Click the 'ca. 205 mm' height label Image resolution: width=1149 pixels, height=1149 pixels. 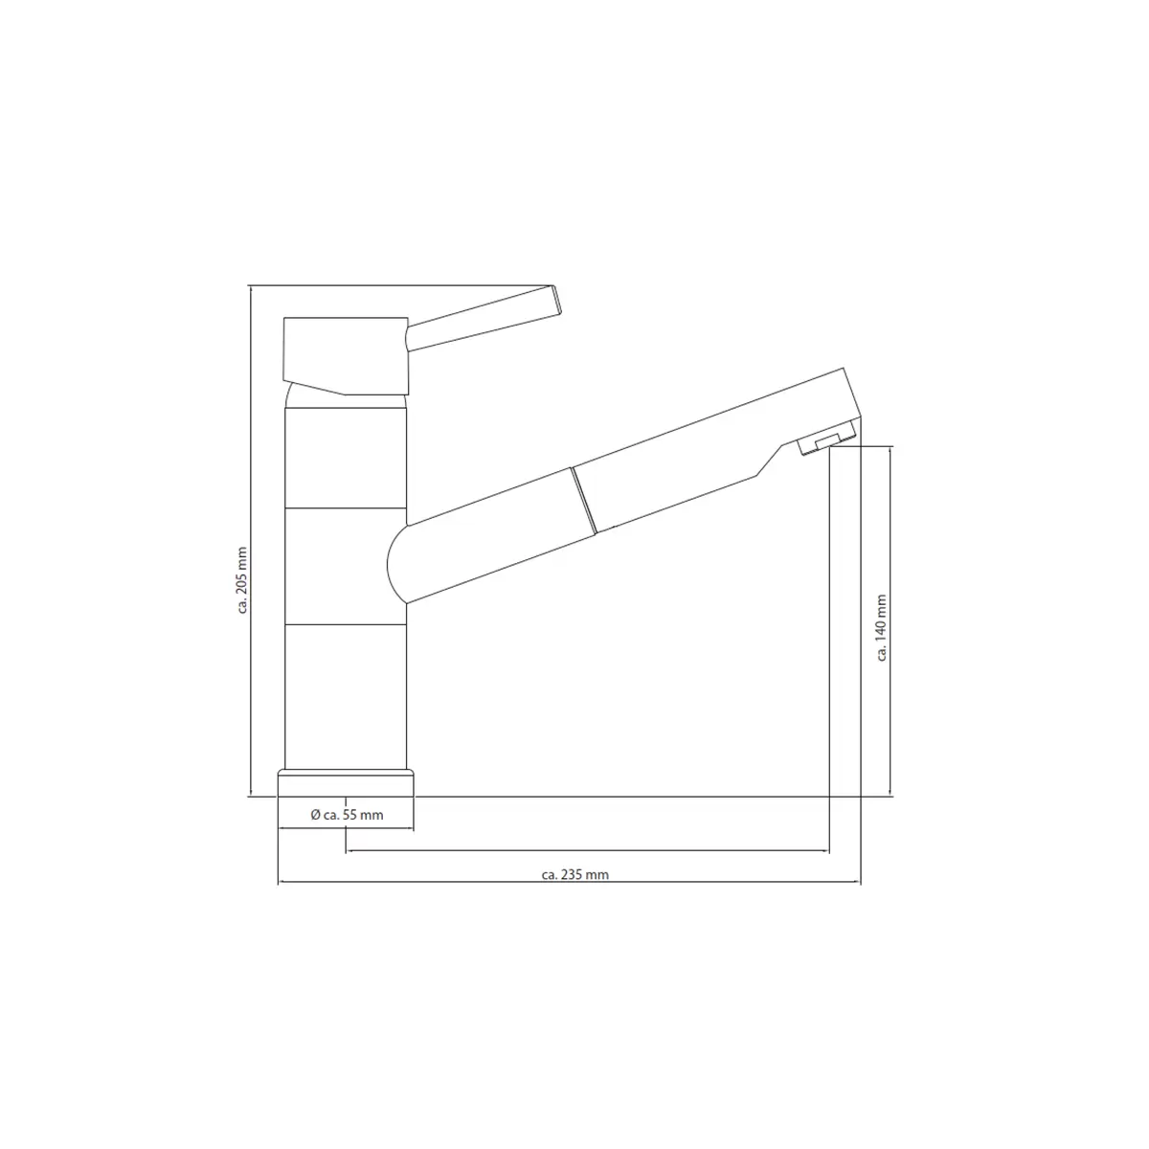pyautogui.click(x=242, y=580)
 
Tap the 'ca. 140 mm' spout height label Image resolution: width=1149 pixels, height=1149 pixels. pyautogui.click(x=882, y=627)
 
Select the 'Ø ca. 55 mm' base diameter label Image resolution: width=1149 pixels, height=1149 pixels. pyautogui.click(x=347, y=815)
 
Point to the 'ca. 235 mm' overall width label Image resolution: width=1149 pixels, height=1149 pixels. pyautogui.click(x=574, y=875)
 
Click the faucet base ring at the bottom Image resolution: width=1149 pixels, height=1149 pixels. pyautogui.click(x=346, y=783)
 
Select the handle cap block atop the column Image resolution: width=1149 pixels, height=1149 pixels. pyautogui.click(x=346, y=356)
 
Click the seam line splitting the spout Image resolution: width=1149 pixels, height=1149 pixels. pyautogui.click(x=583, y=500)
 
